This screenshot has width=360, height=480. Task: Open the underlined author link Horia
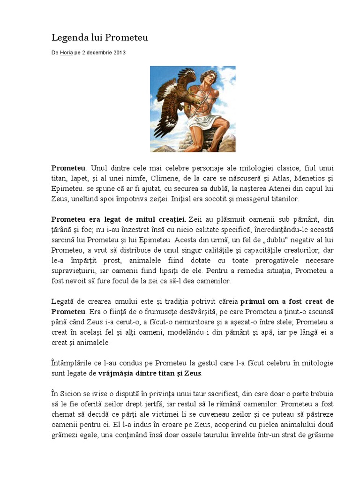[x=66, y=53]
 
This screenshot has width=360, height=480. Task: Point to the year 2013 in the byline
[x=119, y=53]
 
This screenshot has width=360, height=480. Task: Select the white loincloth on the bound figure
[x=204, y=121]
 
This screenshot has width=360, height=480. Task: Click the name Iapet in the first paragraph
[x=84, y=179]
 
